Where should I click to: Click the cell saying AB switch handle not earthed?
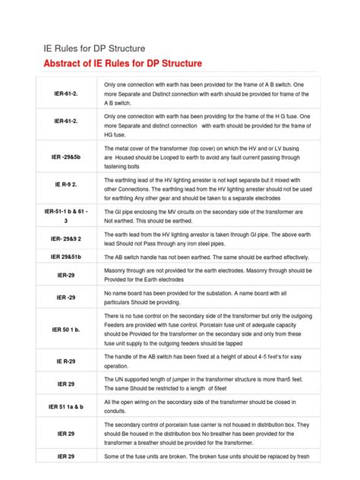click(213, 257)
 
